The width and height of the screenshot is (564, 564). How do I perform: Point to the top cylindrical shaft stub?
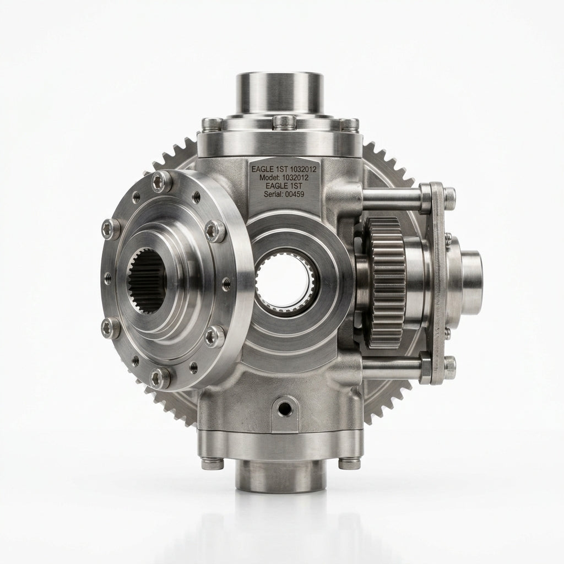[x=278, y=94]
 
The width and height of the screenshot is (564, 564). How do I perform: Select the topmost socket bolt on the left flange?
[x=161, y=182]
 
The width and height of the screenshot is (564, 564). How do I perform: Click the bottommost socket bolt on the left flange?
[x=160, y=378]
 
